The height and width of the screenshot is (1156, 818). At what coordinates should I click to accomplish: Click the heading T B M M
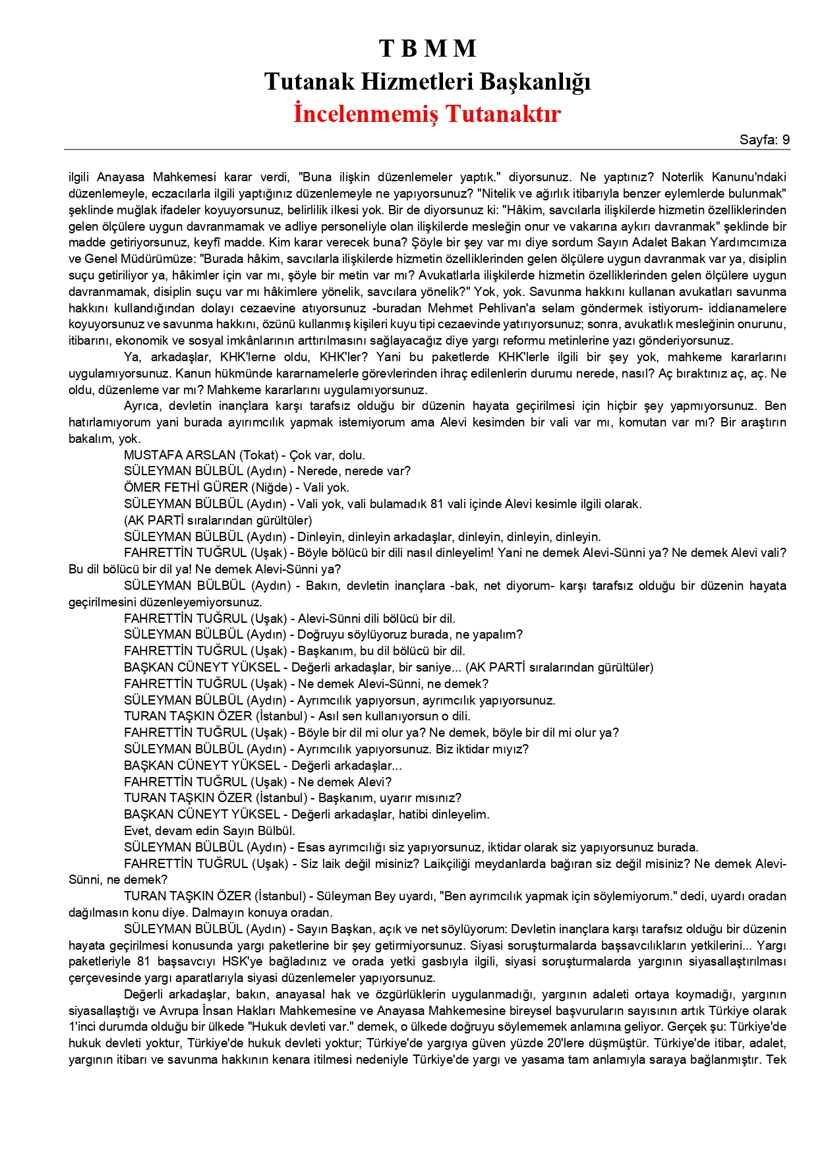(427, 49)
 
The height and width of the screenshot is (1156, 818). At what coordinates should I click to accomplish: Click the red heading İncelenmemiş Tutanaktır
(427, 113)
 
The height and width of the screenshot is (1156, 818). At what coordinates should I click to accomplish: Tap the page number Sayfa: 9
(764, 140)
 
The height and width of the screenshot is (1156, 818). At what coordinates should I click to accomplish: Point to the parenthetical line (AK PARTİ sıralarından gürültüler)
(218, 521)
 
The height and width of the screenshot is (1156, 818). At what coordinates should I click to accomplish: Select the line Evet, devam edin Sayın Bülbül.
(210, 831)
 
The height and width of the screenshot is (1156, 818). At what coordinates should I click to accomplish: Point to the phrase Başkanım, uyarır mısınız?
(390, 798)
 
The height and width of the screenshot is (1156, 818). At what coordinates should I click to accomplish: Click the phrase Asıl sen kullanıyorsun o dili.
(394, 716)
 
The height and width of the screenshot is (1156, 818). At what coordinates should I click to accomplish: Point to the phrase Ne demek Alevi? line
(345, 782)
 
